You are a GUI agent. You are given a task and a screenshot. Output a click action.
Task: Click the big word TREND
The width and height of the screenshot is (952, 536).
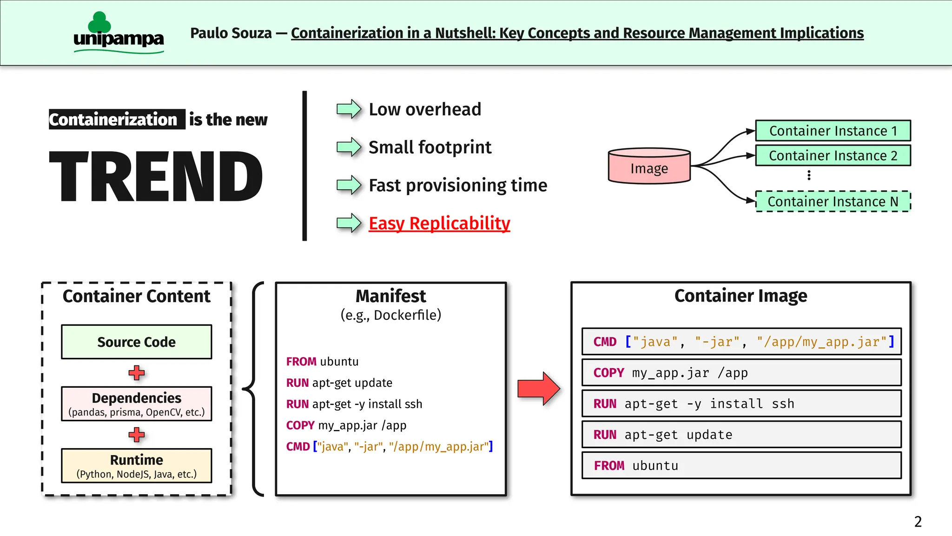[156, 177]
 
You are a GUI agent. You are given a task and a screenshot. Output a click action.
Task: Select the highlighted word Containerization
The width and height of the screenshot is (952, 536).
[113, 119]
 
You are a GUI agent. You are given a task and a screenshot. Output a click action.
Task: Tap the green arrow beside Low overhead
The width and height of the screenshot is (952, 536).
[349, 109]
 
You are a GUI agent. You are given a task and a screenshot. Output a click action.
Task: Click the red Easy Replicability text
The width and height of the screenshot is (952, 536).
[439, 223]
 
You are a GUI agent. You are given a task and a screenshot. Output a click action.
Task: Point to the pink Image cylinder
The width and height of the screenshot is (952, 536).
[649, 166]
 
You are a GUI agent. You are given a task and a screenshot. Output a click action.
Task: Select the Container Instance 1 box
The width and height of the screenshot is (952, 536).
[833, 131]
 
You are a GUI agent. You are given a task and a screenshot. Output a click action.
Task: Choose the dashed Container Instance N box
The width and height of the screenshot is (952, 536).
[833, 201]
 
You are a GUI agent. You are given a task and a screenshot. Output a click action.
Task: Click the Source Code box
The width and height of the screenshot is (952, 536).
[136, 342]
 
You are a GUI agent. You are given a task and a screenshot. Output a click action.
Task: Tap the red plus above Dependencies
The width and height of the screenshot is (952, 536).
[136, 372]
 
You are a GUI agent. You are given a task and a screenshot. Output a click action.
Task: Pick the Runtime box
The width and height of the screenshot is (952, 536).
[136, 465]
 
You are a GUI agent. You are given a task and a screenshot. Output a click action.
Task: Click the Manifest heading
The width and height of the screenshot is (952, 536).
[390, 296]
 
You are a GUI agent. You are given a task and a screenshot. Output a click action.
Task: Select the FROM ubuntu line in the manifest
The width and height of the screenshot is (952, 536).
[322, 362]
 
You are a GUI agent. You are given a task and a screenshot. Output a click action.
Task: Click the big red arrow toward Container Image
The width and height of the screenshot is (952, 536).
[538, 388]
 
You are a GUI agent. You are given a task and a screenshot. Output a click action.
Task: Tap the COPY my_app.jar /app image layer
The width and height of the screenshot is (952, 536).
[741, 372]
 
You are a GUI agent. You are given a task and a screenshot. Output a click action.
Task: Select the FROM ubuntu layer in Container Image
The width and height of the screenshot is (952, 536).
[741, 465]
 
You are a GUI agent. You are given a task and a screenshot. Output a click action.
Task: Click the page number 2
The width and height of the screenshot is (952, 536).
[918, 522]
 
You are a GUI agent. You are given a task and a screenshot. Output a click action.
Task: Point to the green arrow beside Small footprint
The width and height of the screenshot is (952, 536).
[349, 147]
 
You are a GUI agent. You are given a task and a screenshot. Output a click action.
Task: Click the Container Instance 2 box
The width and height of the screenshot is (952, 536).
[833, 155]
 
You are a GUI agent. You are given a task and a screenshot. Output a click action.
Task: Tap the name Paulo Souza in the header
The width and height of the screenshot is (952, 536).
[231, 33]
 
